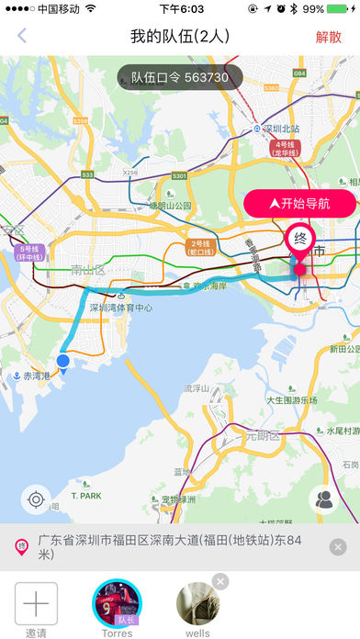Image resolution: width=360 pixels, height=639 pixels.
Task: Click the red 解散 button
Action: pyautogui.click(x=329, y=37)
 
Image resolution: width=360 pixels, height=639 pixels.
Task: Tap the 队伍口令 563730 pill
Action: pyautogui.click(x=180, y=77)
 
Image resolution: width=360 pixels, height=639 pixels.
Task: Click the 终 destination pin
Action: pyautogui.click(x=298, y=240)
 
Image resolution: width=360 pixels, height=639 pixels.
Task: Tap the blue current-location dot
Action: pyautogui.click(x=62, y=361)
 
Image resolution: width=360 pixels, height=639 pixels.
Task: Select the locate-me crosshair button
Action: pyautogui.click(x=36, y=499)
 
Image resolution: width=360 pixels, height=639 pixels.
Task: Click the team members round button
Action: pyautogui.click(x=323, y=499)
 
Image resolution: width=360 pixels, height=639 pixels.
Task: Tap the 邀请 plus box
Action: pyautogui.click(x=36, y=603)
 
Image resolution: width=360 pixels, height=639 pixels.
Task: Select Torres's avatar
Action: pyautogui.click(x=117, y=603)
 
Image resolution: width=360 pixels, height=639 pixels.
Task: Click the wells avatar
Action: pyautogui.click(x=197, y=603)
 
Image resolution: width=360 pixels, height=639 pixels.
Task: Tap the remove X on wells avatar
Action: pyautogui.click(x=219, y=581)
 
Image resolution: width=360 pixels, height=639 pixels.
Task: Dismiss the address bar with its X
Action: pyautogui.click(x=338, y=547)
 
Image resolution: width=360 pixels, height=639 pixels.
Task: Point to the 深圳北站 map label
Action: pyautogui.click(x=282, y=129)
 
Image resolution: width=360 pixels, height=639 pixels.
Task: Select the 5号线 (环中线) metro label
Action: pyautogui.click(x=31, y=252)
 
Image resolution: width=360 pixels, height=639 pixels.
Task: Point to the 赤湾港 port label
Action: pyautogui.click(x=37, y=376)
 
